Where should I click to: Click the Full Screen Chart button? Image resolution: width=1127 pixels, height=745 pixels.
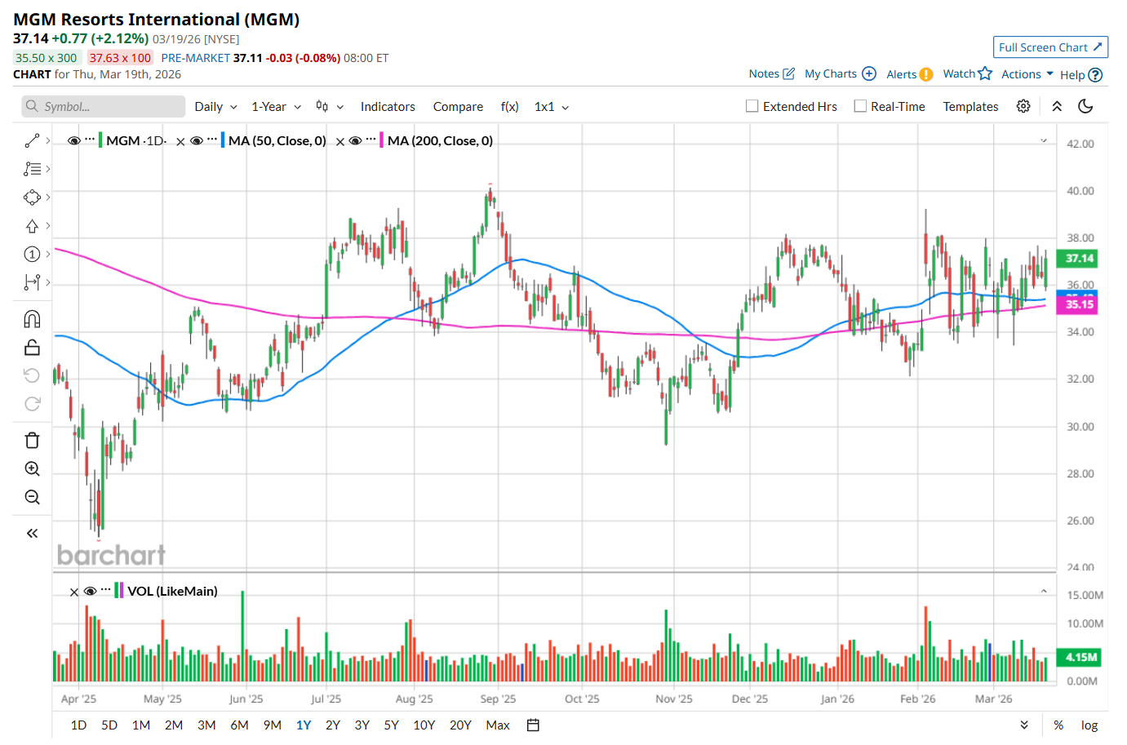pos(1049,47)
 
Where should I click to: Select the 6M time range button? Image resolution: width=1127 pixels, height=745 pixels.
pos(239,725)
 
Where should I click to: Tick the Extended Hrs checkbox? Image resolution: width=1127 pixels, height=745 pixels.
pos(752,106)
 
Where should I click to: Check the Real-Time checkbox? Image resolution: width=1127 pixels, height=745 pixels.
pos(860,106)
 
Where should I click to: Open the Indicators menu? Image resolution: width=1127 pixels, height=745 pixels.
pos(388,106)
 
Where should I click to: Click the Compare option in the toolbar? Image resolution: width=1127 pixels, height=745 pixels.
pos(458,106)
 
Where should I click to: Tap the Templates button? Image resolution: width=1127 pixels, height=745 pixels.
pos(970,106)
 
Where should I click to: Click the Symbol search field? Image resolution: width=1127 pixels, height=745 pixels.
pos(104,106)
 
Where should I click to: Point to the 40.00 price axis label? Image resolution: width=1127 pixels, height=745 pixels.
pos(1080,191)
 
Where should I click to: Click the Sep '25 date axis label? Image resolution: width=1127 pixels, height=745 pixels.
pos(498,698)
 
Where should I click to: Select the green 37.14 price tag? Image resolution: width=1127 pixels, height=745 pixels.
pos(1079,259)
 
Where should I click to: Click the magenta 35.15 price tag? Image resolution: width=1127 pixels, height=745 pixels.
pos(1079,304)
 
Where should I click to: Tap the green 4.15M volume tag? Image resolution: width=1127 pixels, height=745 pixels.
pos(1080,657)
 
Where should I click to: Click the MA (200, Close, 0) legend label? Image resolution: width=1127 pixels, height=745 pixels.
pos(440,140)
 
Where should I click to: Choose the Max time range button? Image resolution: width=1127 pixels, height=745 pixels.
pos(497,725)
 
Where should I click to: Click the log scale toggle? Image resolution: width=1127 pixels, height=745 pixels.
pos(1089,725)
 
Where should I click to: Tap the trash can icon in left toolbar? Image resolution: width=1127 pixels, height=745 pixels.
pos(33,441)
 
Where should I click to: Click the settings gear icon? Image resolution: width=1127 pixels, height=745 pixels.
pos(1023,106)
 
